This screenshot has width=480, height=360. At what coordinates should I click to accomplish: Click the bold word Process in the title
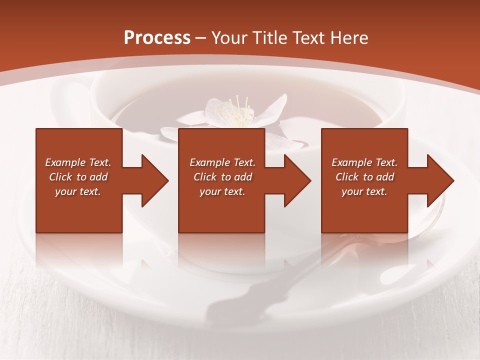[157, 38]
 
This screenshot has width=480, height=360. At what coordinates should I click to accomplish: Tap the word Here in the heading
[349, 38]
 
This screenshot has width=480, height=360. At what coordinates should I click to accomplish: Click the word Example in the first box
[65, 162]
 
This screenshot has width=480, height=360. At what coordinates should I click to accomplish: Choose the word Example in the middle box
[209, 162]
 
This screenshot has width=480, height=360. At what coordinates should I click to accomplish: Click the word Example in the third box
[351, 162]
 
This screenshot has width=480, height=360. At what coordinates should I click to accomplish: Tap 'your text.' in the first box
[78, 191]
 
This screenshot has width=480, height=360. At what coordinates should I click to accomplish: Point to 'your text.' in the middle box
[222, 191]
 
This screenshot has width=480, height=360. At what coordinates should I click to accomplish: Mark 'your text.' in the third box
[364, 191]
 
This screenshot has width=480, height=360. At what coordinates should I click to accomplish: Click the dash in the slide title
[201, 38]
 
